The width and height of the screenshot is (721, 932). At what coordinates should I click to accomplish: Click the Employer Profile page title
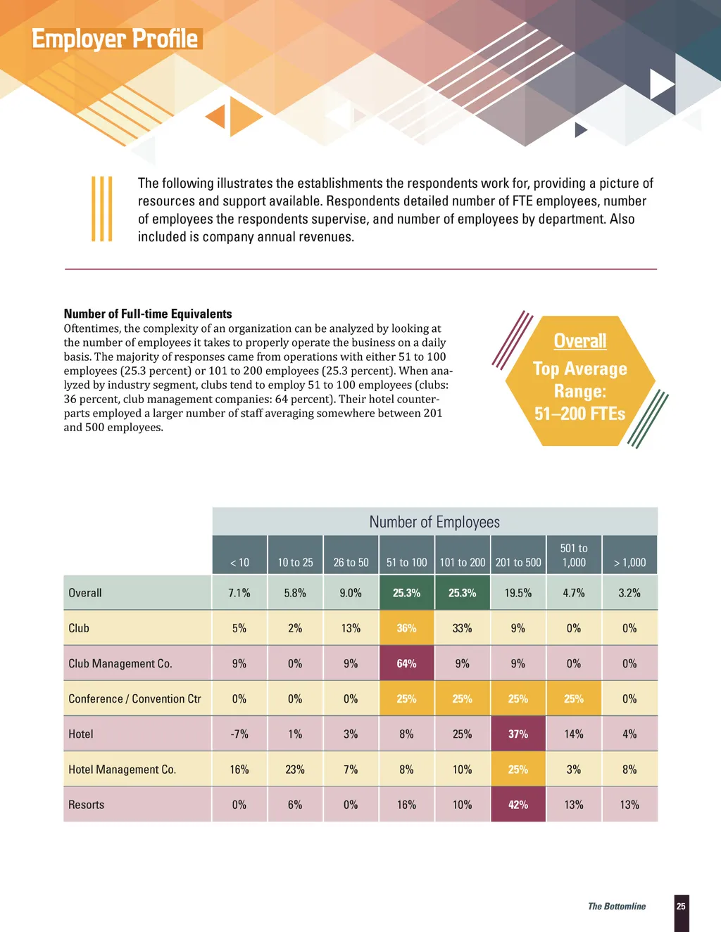pos(115,39)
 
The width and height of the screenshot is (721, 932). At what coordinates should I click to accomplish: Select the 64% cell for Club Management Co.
pos(406,663)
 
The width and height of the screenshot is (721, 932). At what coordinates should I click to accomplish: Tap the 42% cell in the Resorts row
pos(518,805)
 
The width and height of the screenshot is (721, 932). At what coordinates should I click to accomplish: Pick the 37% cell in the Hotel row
pos(518,734)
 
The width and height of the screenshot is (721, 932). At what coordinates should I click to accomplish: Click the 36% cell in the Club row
pos(406,628)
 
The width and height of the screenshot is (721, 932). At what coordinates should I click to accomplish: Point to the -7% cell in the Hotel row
pos(239,734)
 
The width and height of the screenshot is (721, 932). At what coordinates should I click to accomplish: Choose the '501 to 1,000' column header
pos(574,555)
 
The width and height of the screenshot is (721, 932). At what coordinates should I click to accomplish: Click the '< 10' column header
pos(239,563)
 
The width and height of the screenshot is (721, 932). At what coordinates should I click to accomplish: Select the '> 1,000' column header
pos(629,563)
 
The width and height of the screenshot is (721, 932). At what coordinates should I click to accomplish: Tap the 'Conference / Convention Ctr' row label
pos(134,698)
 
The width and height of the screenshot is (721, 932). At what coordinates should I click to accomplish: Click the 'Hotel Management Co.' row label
pos(122,770)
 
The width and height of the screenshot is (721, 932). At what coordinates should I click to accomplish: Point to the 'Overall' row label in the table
pos(85,593)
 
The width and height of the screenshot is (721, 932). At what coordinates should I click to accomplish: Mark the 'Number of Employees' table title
pos(434,522)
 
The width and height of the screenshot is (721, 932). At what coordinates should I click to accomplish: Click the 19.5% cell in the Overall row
pos(518,593)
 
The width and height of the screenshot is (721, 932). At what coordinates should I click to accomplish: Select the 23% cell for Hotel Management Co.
pos(295,770)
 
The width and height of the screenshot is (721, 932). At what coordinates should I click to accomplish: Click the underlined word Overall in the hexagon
pos(579,341)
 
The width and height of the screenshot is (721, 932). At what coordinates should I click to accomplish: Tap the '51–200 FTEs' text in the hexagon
pos(579,414)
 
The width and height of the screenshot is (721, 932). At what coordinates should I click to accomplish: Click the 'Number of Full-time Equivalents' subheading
pos(148,314)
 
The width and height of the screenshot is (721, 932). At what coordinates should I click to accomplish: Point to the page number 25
pos(681,906)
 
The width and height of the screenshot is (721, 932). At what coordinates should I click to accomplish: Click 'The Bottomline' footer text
pos(617,906)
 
